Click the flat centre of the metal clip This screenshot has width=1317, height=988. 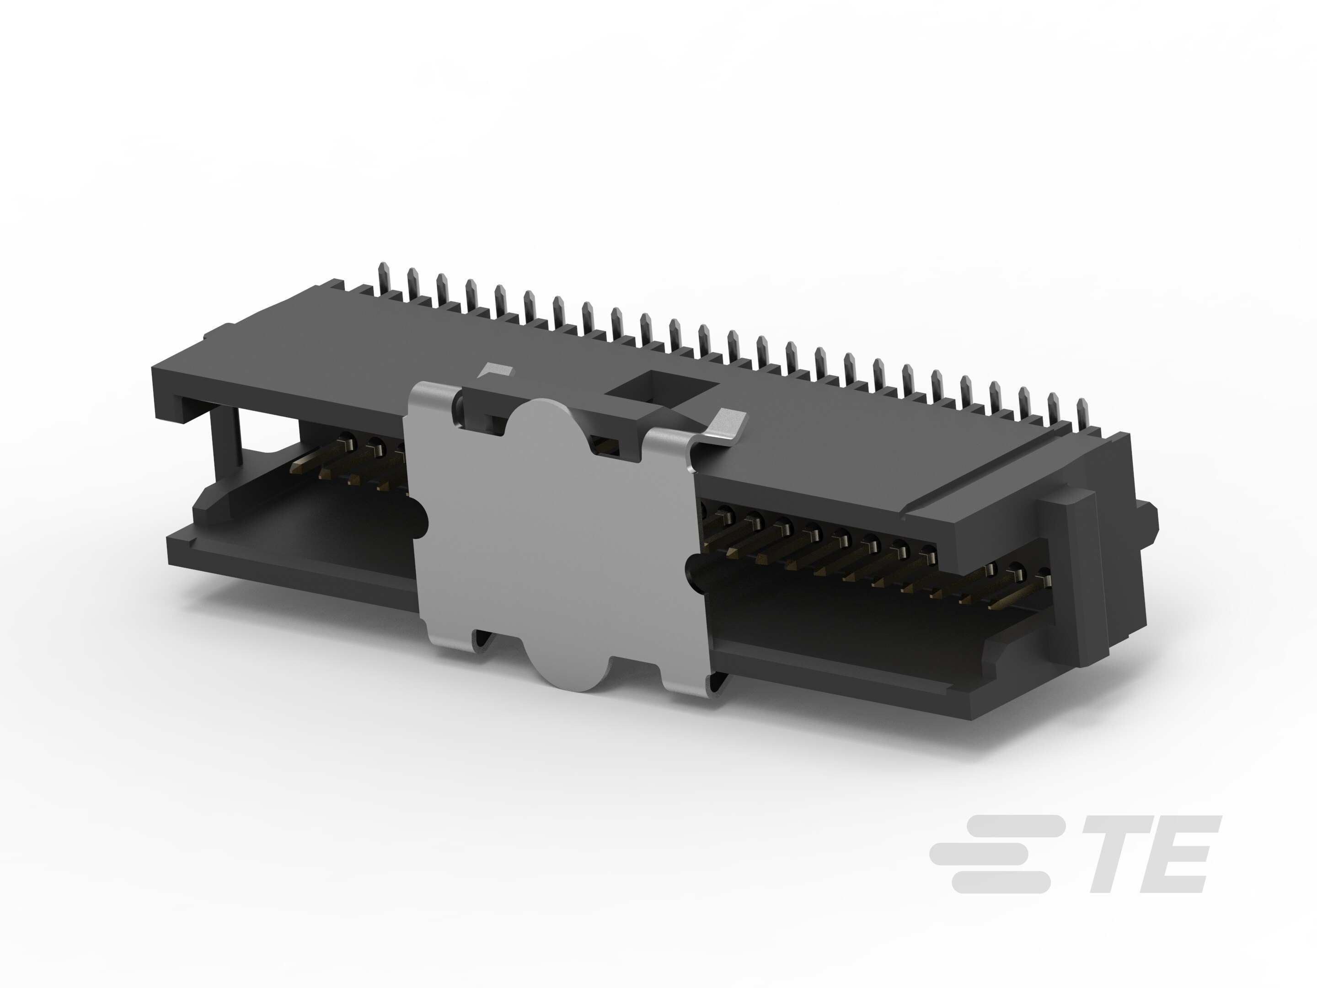(x=554, y=536)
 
